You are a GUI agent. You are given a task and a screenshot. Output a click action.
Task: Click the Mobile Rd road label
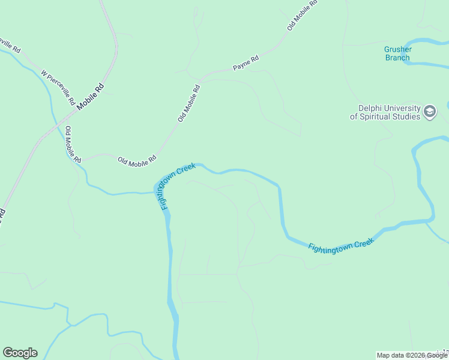tap(90, 95)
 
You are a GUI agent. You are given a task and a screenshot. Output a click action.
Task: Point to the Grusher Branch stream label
tap(397, 53)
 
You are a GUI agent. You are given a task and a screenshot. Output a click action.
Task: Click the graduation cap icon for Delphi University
tap(430, 112)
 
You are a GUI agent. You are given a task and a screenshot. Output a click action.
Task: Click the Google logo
tap(20, 353)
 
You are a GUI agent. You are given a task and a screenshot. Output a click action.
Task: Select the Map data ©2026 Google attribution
tap(412, 355)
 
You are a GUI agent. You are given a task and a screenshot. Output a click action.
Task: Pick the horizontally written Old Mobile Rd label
tap(137, 160)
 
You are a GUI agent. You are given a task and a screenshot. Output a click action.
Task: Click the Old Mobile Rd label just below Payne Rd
tap(188, 103)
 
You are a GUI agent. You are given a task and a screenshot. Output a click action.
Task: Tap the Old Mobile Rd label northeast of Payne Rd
tap(302, 15)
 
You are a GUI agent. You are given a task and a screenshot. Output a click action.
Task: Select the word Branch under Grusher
tap(397, 58)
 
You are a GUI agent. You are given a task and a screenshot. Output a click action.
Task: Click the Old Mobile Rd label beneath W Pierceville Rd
tap(73, 145)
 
